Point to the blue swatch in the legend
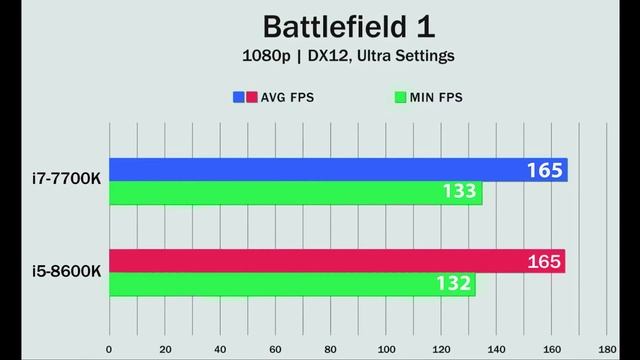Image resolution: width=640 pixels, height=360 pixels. click(x=239, y=98)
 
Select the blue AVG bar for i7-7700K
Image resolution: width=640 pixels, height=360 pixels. click(x=300, y=170)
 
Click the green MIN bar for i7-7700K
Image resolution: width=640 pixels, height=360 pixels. click(x=280, y=193)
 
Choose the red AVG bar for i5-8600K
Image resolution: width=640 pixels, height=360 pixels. click(x=300, y=262)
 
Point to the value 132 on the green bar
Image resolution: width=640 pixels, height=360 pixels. click(x=452, y=285)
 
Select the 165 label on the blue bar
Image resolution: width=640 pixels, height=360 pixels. click(x=546, y=170)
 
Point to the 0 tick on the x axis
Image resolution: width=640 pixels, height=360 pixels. click(x=109, y=350)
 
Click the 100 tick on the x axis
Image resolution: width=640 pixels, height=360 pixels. click(x=387, y=350)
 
